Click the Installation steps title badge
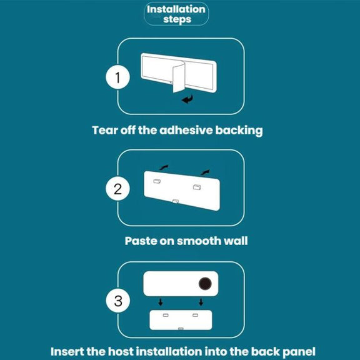click(176, 14)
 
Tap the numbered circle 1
click(117, 77)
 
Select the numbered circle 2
click(117, 189)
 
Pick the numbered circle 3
click(118, 301)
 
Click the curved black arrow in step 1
click(187, 99)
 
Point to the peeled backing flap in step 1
click(179, 77)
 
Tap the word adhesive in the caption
click(186, 130)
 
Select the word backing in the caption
click(239, 131)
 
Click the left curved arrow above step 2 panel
click(164, 167)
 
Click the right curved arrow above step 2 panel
click(205, 172)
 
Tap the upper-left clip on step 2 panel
click(157, 181)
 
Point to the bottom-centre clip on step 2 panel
click(176, 201)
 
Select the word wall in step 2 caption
click(236, 241)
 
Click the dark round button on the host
click(205, 283)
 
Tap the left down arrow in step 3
click(161, 302)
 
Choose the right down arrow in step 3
click(201, 302)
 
